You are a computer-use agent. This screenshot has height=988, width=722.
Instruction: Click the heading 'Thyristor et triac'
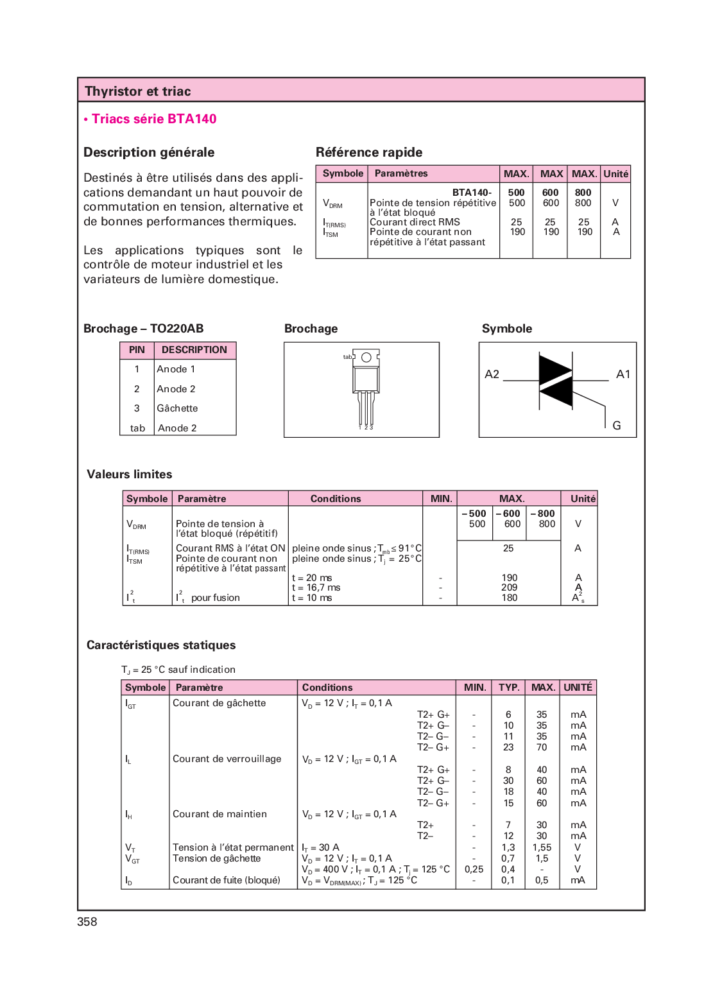(138, 91)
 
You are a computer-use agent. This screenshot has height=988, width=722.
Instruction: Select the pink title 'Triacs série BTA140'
(154, 119)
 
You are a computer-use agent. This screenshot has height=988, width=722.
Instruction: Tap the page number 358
(87, 922)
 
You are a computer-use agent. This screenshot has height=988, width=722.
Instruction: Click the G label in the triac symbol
(617, 426)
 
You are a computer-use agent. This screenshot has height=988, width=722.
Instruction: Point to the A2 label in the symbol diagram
(492, 374)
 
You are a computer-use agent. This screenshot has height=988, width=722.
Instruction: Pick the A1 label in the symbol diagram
(623, 374)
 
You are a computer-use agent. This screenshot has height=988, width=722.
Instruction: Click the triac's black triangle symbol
(555, 381)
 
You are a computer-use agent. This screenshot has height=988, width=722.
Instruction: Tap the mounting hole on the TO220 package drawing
(366, 357)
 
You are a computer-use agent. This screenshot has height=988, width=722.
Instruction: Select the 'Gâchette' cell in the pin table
(177, 408)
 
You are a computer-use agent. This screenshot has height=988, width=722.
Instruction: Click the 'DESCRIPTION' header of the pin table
(194, 350)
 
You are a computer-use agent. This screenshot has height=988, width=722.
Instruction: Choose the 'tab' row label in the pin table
(137, 428)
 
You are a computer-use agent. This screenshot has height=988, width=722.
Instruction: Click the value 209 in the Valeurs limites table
(510, 587)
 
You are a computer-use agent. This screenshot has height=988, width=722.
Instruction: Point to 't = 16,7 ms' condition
(316, 587)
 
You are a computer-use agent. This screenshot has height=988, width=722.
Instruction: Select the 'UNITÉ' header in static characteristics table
(578, 688)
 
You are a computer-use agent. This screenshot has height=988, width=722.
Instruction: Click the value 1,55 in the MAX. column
(542, 847)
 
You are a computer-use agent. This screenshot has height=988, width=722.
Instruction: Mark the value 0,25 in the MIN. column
(474, 869)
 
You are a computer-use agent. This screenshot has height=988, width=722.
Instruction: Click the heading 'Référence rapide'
(369, 152)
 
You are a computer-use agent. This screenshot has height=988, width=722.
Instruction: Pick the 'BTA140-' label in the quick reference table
(472, 193)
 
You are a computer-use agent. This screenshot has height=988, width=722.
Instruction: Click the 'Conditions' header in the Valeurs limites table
(336, 499)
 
